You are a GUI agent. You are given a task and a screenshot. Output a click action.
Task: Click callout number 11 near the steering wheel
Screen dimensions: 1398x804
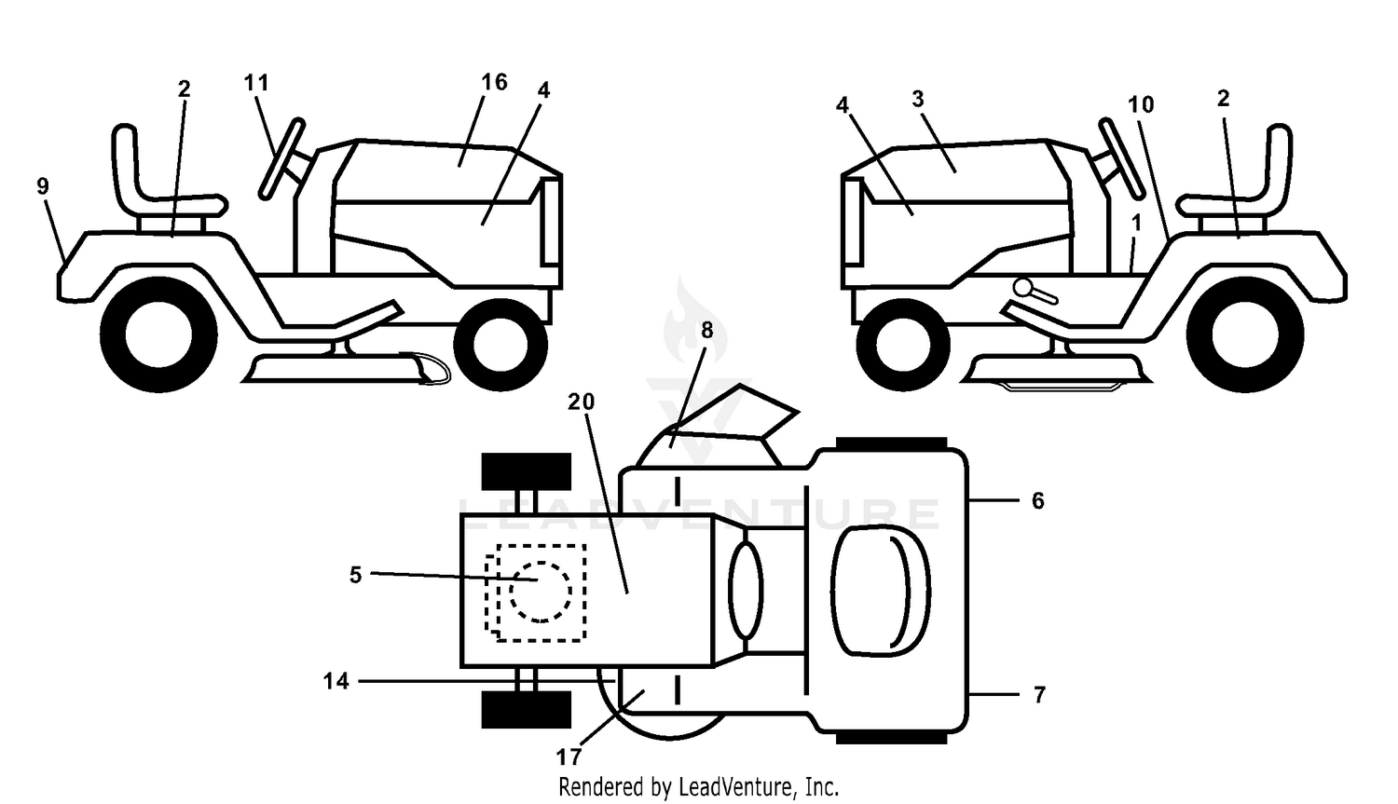[256, 82]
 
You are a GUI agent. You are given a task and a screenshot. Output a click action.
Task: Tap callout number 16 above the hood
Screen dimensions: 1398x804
[494, 82]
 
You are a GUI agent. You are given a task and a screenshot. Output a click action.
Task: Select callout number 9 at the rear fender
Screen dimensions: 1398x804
[43, 186]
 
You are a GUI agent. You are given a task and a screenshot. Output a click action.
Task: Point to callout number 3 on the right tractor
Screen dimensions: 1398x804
[917, 99]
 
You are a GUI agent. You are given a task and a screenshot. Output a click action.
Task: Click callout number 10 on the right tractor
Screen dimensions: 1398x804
[1141, 104]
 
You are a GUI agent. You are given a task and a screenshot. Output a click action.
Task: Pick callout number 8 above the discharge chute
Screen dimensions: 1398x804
[706, 330]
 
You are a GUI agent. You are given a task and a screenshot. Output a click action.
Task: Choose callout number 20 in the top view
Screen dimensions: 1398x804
[581, 402]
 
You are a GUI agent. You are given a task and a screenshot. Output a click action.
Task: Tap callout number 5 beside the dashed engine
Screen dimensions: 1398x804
[355, 575]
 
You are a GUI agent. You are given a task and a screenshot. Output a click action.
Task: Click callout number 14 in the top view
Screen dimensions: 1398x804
[336, 681]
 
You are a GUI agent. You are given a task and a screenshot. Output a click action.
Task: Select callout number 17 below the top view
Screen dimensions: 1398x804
[569, 757]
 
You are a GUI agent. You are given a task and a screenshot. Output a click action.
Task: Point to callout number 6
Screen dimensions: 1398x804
[1038, 500]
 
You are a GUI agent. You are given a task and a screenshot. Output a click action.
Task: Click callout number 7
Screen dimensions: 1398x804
[1038, 695]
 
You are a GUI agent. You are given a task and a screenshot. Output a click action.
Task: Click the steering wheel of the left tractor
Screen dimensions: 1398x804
[281, 158]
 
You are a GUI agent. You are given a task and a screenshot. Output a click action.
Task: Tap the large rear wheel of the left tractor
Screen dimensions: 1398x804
[158, 335]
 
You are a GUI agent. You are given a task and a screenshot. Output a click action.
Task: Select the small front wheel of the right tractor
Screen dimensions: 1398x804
[903, 345]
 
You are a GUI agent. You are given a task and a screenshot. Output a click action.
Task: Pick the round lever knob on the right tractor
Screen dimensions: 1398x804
[1023, 287]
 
